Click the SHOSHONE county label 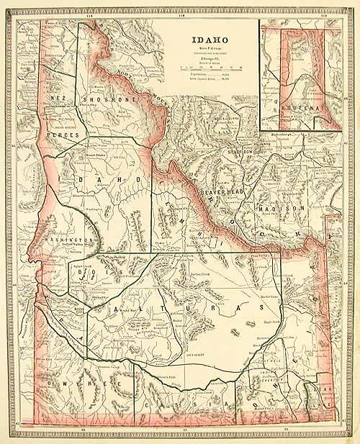[x=99, y=99]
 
